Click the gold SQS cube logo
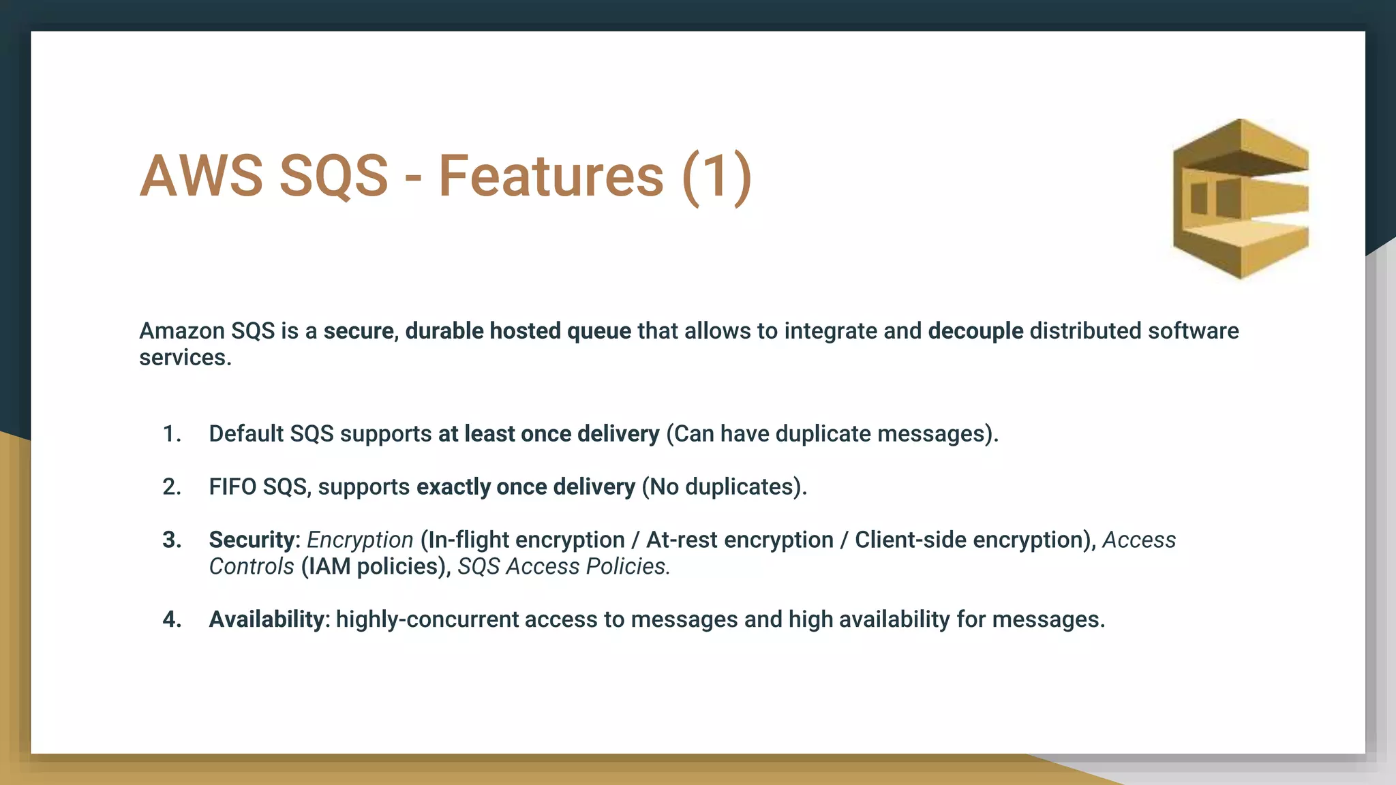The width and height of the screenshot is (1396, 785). pyautogui.click(x=1241, y=199)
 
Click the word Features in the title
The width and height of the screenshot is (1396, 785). pyautogui.click(x=551, y=176)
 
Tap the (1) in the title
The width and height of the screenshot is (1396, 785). pyautogui.click(x=717, y=176)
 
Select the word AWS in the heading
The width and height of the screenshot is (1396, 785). pyautogui.click(x=201, y=176)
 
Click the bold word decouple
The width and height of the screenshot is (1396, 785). pyautogui.click(x=975, y=331)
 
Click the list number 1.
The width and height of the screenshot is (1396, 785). pyautogui.click(x=172, y=434)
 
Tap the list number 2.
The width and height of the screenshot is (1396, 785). pyautogui.click(x=172, y=487)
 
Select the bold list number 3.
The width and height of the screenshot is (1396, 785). pyautogui.click(x=172, y=540)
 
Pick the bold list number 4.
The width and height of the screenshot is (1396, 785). pyautogui.click(x=172, y=619)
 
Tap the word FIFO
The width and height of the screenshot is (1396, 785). pyautogui.click(x=233, y=487)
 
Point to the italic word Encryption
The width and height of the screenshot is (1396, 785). pyautogui.click(x=360, y=540)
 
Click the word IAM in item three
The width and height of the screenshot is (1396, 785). pyautogui.click(x=331, y=567)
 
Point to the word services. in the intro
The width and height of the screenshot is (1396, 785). pyautogui.click(x=185, y=358)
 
